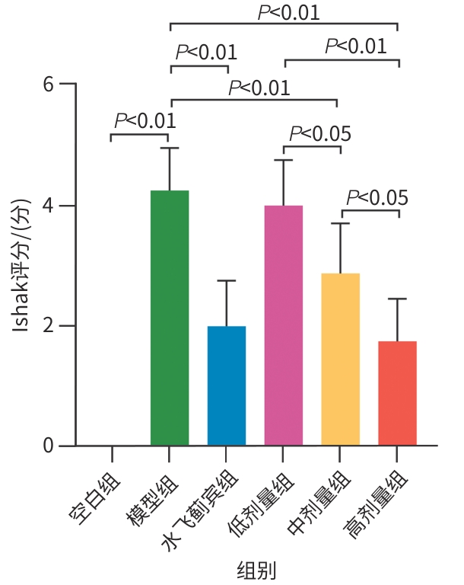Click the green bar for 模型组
(170, 318)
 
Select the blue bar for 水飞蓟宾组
(227, 385)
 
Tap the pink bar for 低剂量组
(284, 325)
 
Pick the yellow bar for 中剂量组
(340, 360)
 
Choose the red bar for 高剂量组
(397, 393)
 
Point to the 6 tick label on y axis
(49, 85)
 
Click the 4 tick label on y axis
(49, 205)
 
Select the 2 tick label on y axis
(49, 326)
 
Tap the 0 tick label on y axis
(49, 446)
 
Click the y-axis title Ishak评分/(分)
(21, 266)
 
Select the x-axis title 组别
(256, 571)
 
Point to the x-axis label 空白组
(94, 498)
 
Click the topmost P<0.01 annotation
(289, 12)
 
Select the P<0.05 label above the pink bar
(320, 133)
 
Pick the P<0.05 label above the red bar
(377, 198)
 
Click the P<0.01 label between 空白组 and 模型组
(145, 121)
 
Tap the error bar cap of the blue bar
(227, 280)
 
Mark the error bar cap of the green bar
(170, 148)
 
